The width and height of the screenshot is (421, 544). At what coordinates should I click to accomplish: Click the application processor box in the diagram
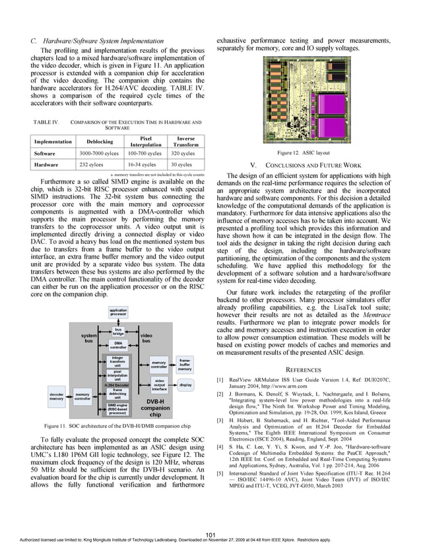coord(118,313)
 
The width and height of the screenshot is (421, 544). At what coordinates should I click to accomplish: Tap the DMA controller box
coord(118,345)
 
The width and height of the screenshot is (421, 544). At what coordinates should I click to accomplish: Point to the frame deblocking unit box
coord(117,395)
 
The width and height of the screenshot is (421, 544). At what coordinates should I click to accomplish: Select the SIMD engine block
coord(117,410)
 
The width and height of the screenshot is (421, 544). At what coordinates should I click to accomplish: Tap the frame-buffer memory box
coord(185,365)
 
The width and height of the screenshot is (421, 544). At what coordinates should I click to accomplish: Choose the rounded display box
coord(185,384)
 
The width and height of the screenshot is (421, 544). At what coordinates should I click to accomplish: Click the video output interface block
coord(159,385)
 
